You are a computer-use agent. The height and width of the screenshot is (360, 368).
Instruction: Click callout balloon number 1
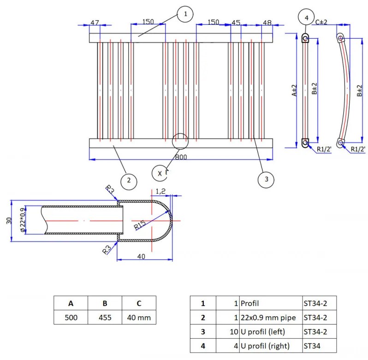[185, 14]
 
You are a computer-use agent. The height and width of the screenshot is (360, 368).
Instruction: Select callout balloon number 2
[129, 181]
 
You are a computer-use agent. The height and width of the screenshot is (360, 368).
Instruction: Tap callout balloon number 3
[266, 180]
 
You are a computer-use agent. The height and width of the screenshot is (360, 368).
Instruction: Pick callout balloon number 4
[306, 18]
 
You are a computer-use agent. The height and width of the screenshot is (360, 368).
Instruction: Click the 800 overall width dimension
[181, 157]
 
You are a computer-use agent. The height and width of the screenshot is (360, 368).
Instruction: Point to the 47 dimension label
[95, 23]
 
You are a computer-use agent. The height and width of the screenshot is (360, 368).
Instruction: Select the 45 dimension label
[236, 23]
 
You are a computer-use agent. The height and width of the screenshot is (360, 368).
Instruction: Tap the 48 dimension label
[267, 23]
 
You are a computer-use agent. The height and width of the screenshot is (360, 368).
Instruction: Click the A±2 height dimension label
[294, 90]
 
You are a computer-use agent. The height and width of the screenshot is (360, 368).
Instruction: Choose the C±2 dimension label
[321, 22]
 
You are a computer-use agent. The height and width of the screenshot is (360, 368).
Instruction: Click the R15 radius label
[140, 225]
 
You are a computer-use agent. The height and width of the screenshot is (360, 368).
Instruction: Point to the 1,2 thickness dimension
[160, 191]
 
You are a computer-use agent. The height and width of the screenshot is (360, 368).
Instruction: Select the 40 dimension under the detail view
[141, 256]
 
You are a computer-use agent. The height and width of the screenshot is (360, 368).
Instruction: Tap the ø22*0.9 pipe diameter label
[23, 220]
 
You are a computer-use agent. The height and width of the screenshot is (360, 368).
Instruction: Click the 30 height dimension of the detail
[9, 220]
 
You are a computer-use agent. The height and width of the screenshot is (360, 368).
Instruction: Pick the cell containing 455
[105, 317]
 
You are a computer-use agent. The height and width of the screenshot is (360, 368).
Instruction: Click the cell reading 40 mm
[139, 317]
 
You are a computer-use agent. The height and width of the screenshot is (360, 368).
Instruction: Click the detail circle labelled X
[160, 173]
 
